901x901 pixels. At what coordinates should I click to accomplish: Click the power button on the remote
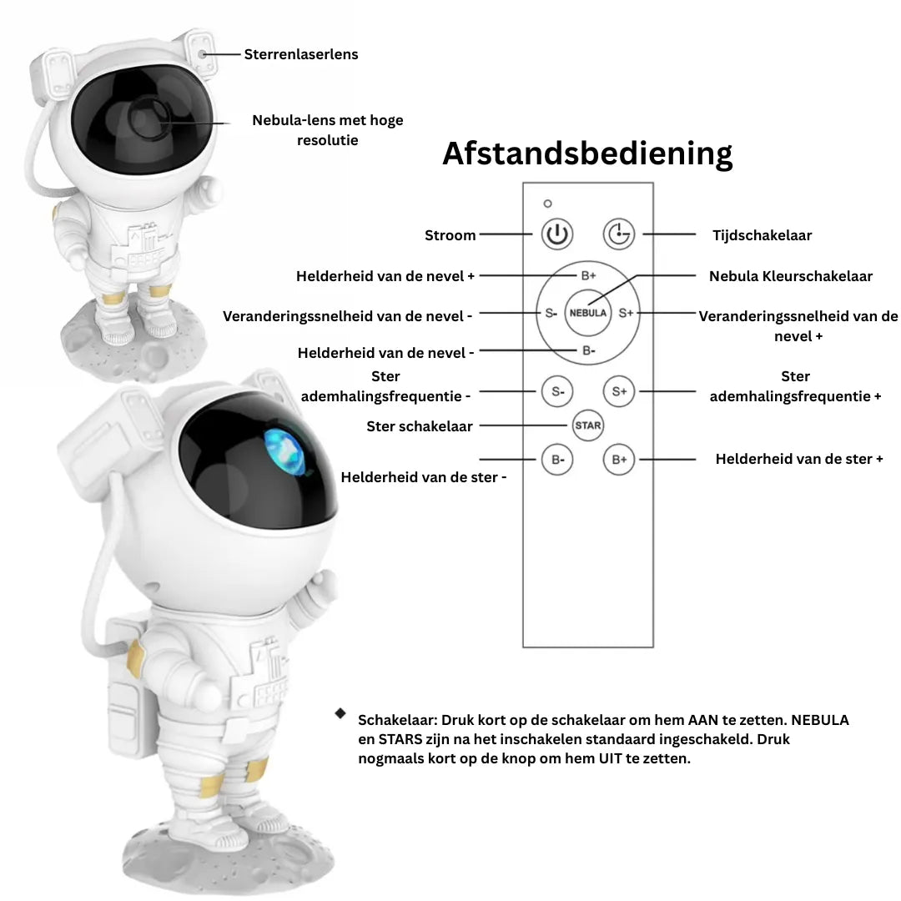(x=556, y=234)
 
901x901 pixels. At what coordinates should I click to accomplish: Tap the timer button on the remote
(x=619, y=234)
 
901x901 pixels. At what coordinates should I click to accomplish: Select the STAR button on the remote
(x=588, y=425)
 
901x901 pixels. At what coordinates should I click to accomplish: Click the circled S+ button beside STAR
(x=619, y=391)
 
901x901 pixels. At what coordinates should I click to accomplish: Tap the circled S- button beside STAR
(x=556, y=391)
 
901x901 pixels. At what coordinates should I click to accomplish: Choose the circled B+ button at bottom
(x=619, y=460)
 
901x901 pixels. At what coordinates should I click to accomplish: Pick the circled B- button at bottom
(x=556, y=460)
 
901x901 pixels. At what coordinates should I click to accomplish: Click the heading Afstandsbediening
(x=587, y=154)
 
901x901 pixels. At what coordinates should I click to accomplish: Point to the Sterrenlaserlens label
(x=301, y=54)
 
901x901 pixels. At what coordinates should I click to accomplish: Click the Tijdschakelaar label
(x=762, y=235)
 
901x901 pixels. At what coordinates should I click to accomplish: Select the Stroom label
(x=450, y=235)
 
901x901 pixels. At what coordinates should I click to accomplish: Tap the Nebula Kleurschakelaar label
(x=791, y=276)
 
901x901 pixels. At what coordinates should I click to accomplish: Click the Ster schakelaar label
(x=420, y=426)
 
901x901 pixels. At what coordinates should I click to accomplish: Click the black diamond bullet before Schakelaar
(x=340, y=713)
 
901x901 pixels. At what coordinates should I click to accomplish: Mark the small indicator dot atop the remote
(x=547, y=203)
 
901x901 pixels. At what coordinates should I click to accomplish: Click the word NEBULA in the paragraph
(x=821, y=720)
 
